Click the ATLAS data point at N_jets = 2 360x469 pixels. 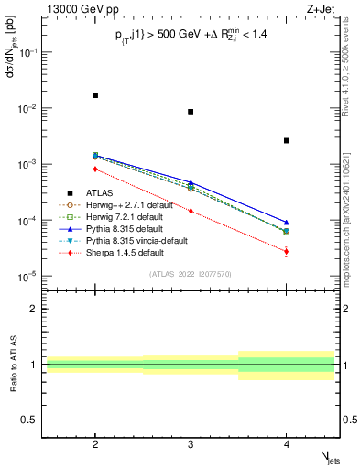pos(95,95)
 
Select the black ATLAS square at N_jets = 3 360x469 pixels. pos(191,112)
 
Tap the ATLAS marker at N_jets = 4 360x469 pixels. pos(287,140)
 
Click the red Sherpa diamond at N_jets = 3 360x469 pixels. pos(191,211)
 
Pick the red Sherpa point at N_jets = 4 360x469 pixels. pos(287,251)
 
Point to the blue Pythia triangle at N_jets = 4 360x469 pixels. pos(287,223)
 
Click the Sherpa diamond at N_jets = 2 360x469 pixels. pos(95,169)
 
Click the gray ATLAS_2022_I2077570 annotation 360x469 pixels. pos(191,274)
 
